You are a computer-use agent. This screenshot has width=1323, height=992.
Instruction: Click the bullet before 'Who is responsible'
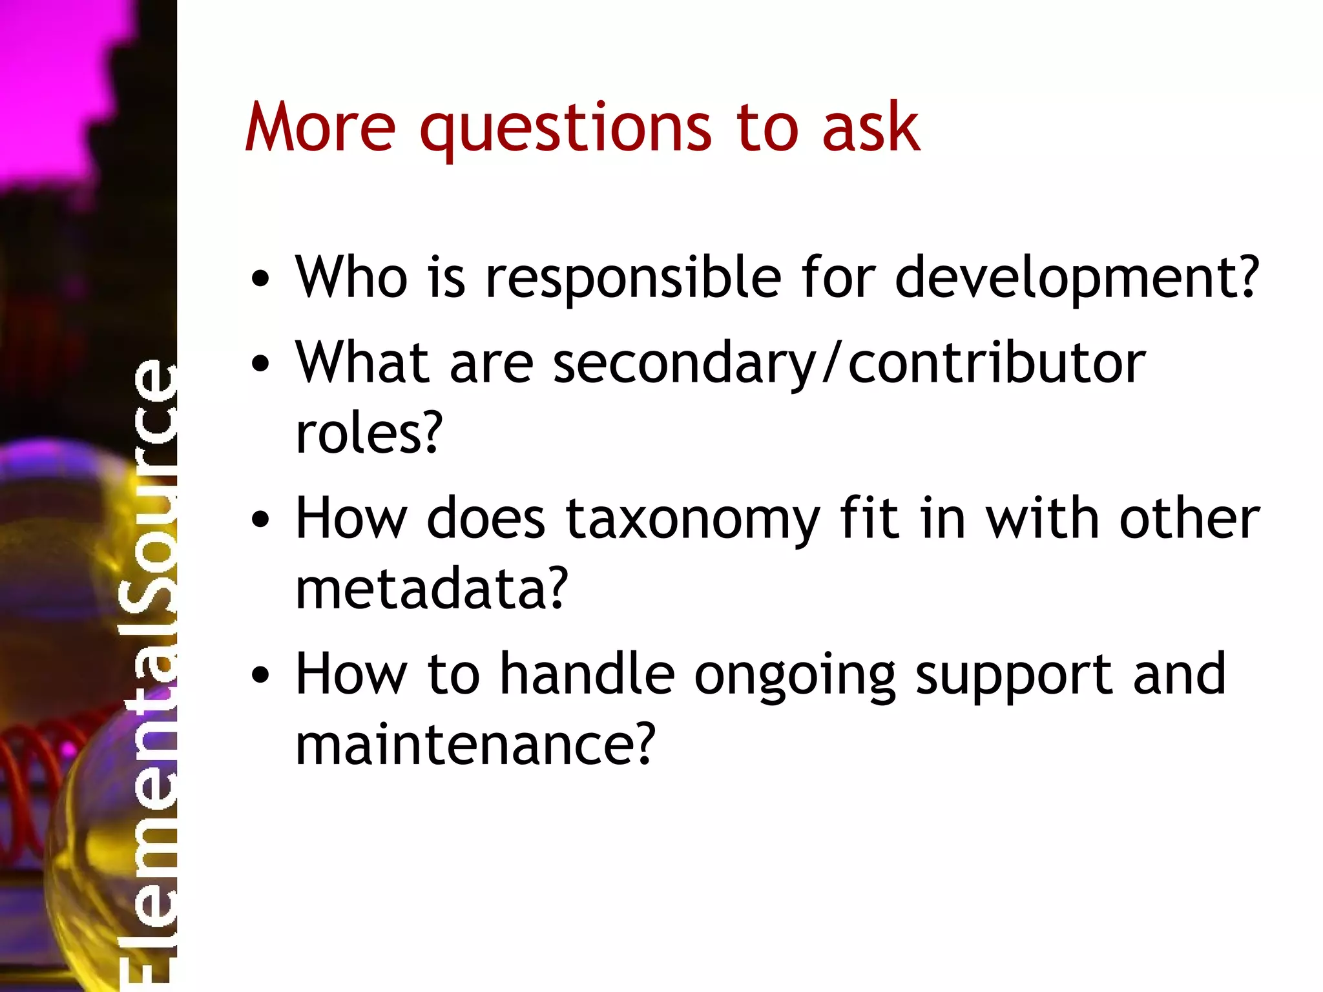pyautogui.click(x=260, y=279)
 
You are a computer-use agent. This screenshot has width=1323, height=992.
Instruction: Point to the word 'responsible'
pyautogui.click(x=633, y=279)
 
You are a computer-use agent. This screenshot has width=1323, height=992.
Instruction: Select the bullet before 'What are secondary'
pyautogui.click(x=260, y=364)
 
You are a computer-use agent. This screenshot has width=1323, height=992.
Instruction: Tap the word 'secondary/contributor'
pyautogui.click(x=849, y=364)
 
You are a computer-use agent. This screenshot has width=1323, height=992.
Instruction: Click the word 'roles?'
pyautogui.click(x=369, y=433)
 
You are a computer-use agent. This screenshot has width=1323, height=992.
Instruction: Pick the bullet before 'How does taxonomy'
pyautogui.click(x=260, y=520)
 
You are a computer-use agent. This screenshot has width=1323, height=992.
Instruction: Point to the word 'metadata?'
pyautogui.click(x=432, y=588)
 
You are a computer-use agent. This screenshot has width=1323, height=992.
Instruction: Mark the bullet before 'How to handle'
pyautogui.click(x=260, y=676)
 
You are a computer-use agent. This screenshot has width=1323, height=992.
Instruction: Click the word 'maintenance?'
pyautogui.click(x=475, y=745)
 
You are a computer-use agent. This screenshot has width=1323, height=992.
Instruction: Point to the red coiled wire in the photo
pyautogui.click(x=39, y=762)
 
